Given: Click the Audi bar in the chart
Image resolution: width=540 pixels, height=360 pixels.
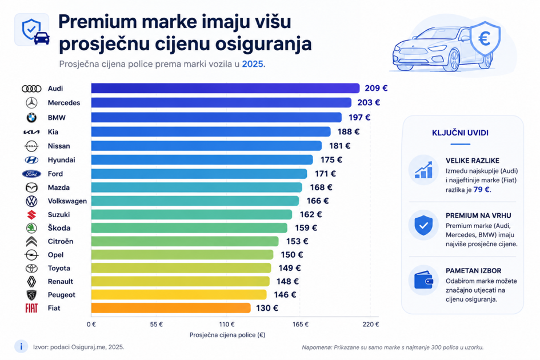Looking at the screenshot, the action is point(225,88).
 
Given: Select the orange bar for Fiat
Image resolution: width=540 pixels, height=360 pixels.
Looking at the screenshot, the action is point(171,308).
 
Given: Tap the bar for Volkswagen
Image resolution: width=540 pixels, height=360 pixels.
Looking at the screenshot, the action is point(195,201).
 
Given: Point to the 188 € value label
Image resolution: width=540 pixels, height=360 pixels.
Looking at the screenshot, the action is point(348,131).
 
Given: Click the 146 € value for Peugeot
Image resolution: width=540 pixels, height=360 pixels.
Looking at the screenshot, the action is point(285,294).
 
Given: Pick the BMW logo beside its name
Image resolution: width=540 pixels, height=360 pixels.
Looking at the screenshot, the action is point(31,118).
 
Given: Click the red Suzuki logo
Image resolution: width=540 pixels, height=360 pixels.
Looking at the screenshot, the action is point(31,215).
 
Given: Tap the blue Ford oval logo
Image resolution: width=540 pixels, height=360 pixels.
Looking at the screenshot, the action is point(31,174).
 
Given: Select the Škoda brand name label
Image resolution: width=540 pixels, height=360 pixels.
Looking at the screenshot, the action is point(59,227).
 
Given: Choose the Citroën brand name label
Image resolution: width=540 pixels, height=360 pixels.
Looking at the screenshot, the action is point(61,241).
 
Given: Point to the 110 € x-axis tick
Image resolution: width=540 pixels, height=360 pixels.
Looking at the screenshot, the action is point(227,324).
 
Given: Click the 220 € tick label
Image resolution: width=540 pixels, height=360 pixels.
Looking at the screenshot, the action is point(370,324).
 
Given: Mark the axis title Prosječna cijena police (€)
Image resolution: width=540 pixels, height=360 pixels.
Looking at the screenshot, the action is point(227,335).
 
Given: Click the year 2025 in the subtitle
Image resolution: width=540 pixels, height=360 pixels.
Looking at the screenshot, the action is point(253,64).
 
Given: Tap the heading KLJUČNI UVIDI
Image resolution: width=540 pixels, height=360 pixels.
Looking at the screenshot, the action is point(460,133).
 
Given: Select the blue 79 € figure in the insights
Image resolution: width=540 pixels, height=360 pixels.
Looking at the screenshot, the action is point(482,190).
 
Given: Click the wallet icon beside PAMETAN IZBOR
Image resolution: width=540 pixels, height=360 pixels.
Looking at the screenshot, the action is point(423,281).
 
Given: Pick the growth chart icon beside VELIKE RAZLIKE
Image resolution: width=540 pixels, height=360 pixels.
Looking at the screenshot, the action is point(423,170).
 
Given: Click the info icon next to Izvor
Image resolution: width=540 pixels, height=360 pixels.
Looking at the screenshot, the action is point(21,346).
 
